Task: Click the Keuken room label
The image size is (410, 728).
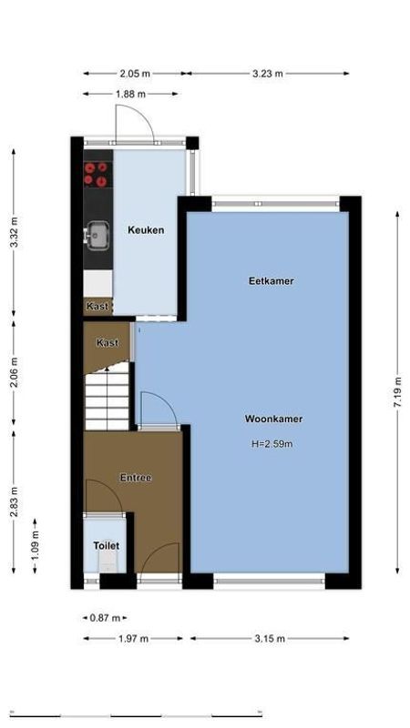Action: [146, 230]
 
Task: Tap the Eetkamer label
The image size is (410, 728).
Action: [272, 282]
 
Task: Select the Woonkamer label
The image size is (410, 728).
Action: [273, 420]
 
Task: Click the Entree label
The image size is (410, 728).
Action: [136, 478]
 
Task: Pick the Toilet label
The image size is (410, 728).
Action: [106, 546]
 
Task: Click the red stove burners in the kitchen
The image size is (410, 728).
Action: [97, 174]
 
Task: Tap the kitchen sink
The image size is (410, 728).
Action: [96, 236]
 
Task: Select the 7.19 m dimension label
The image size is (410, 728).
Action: [398, 392]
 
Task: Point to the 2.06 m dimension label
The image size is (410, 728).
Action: [14, 373]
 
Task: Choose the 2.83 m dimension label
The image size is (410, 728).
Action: [14, 500]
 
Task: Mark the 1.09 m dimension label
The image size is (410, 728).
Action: [36, 545]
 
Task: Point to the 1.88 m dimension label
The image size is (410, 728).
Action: [133, 94]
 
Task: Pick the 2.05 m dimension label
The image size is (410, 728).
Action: [135, 74]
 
